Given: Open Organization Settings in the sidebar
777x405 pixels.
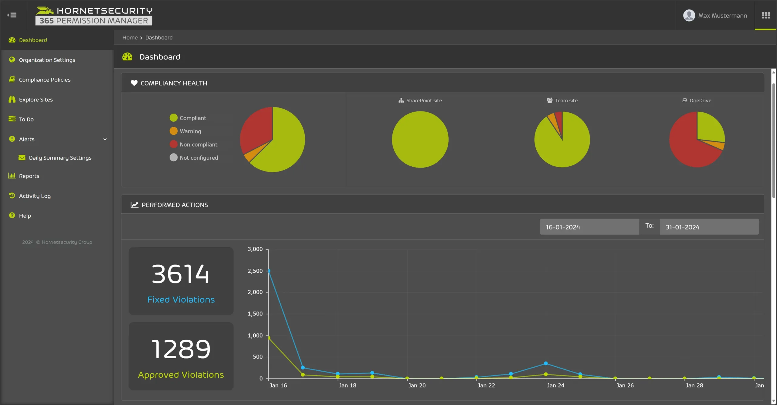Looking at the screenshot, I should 47,60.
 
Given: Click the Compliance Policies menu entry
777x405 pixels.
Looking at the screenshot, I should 45,80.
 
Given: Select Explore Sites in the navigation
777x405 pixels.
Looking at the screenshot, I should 36,100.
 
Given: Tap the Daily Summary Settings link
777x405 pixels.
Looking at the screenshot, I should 60,158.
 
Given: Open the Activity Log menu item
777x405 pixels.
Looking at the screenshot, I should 35,196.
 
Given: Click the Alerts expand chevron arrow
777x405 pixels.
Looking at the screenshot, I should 105,139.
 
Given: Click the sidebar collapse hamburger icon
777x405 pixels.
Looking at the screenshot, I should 12,15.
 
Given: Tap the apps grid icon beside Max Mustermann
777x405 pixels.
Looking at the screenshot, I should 766,15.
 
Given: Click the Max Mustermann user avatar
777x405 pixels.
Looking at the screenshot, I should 689,15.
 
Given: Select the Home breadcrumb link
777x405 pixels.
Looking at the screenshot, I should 130,38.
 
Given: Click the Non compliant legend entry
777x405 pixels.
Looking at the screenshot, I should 198,145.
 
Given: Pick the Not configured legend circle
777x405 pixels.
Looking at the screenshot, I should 173,158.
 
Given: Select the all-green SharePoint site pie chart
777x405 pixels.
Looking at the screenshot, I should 420,139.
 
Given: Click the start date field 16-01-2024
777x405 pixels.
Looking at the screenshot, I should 589,227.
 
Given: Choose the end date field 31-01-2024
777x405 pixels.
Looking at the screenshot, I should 709,227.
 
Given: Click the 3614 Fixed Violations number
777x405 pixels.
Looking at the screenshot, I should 181,274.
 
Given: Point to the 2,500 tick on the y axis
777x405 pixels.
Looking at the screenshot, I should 255,271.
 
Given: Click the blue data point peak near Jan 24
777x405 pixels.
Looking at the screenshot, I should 546,363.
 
